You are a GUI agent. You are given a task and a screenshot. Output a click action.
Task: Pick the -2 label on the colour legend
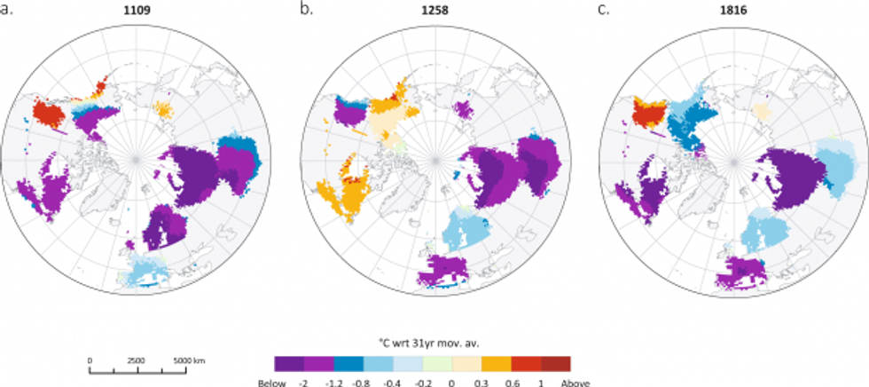304,382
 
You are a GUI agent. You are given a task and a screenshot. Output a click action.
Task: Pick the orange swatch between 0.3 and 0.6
496,363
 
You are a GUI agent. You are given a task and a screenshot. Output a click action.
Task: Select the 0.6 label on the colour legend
512,382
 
